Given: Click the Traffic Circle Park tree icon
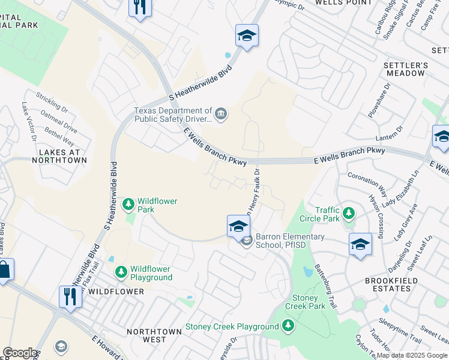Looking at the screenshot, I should (348, 214).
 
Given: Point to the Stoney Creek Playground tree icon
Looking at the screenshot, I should (288, 326).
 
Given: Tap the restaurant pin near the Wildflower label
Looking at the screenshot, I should (70, 296).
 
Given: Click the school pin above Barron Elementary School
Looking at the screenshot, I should (238, 226).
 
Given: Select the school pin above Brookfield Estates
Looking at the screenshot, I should (360, 244).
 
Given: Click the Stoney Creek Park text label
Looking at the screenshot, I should (309, 302).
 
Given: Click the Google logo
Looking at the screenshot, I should (20, 353).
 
